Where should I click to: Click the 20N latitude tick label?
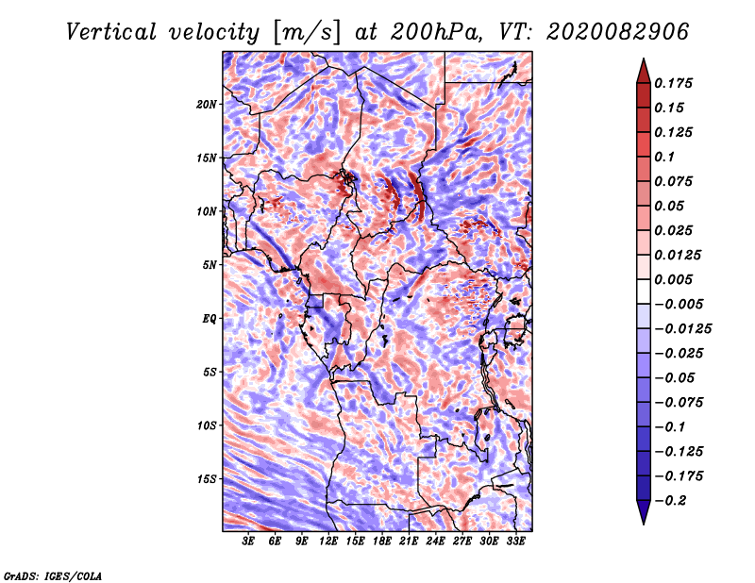pyautogui.click(x=208, y=104)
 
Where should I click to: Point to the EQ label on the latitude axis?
pyautogui.click(x=210, y=319)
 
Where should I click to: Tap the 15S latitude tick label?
pyautogui.click(x=208, y=479)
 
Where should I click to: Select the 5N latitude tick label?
pyautogui.click(x=210, y=265)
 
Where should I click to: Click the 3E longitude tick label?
pyautogui.click(x=249, y=542)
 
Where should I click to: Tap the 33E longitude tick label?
pyautogui.click(x=516, y=542)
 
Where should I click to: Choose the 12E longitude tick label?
pyautogui.click(x=329, y=542)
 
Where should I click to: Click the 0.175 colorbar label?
pyautogui.click(x=675, y=83)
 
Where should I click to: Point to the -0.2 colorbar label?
pyautogui.click(x=675, y=500)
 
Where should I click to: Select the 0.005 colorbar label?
pyautogui.click(x=675, y=279)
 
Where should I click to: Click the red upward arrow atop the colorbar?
pyautogui.click(x=643, y=69)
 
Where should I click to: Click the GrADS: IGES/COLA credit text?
pyautogui.click(x=52, y=575)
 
